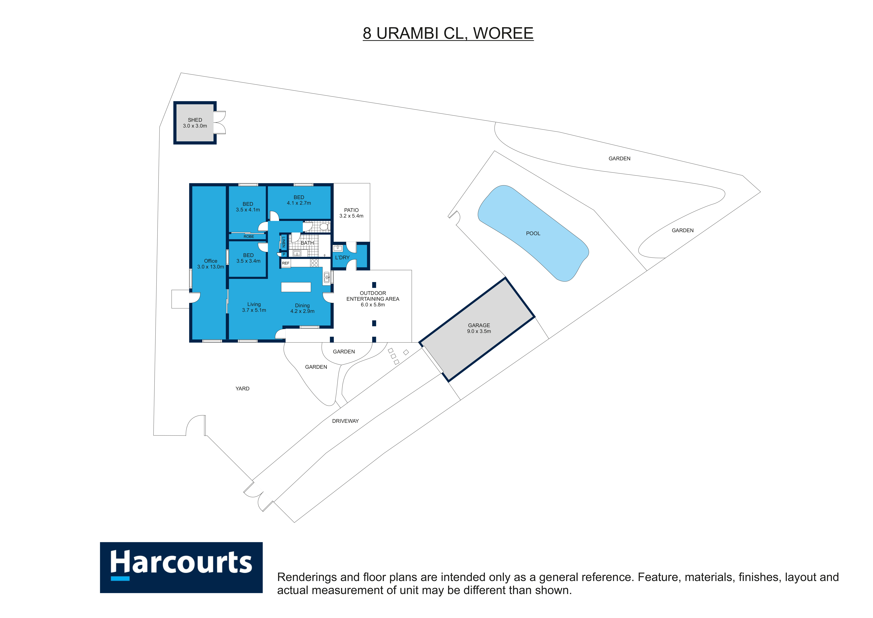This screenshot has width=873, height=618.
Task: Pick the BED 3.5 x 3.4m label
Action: click(x=248, y=258)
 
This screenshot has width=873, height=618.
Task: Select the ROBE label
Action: click(x=249, y=237)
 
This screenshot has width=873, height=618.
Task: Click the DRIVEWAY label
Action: click(x=345, y=421)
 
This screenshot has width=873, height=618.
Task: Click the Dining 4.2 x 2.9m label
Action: click(x=302, y=308)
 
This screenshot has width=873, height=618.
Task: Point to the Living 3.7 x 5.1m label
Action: click(x=254, y=307)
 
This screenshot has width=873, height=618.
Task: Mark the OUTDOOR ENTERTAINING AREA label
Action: click(x=373, y=299)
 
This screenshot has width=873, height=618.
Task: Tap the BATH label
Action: click(x=307, y=243)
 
